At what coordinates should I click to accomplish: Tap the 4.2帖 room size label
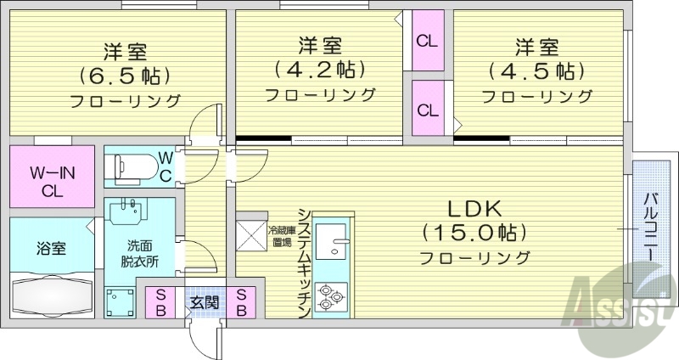[320, 68]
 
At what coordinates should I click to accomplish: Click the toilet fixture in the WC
[132, 165]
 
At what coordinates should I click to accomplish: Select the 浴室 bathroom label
[49, 250]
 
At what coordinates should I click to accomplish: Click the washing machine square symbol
[121, 302]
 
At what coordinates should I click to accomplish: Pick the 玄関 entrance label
[202, 302]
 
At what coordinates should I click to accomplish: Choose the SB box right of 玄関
[242, 302]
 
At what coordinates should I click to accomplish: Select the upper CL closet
[428, 39]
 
